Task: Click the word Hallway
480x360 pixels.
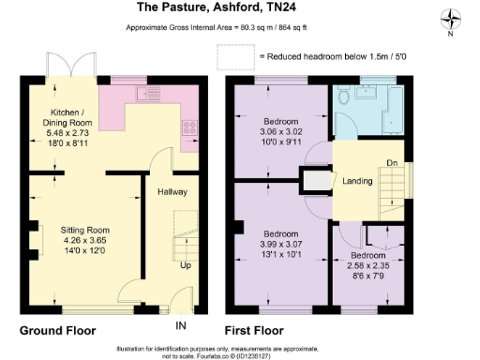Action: coord(172,192)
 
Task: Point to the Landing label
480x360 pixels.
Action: coord(354,181)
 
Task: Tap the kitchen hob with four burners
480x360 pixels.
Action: coord(189,130)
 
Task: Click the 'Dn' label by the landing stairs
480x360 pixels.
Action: coord(391,160)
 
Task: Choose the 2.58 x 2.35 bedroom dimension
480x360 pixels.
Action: coord(367,265)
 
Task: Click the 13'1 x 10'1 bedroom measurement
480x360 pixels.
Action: coord(280,253)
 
